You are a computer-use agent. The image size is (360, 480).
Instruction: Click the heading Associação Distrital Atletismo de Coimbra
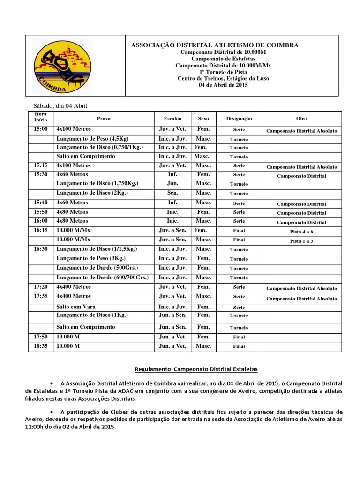[x=214, y=45]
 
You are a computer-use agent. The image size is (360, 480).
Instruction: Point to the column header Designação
[x=239, y=119]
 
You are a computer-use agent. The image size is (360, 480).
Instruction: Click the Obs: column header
[x=302, y=119]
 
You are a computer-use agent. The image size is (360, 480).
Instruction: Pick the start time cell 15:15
[x=41, y=165]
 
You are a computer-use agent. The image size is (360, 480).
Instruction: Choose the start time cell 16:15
[x=41, y=230]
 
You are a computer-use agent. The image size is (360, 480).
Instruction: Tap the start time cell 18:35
[x=41, y=346]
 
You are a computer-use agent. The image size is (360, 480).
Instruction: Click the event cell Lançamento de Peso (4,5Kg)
[x=92, y=139]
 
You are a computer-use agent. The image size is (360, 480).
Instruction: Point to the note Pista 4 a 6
[x=301, y=232]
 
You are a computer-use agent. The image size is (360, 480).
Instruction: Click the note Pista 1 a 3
[x=301, y=241]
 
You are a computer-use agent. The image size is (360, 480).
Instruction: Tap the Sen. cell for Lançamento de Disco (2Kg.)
[x=172, y=193]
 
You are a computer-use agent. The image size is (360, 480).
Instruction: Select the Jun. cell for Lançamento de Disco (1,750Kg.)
[x=172, y=183]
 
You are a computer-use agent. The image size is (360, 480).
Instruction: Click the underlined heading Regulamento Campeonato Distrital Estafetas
[x=196, y=369]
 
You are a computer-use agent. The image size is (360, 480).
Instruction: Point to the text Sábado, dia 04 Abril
[x=60, y=106]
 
